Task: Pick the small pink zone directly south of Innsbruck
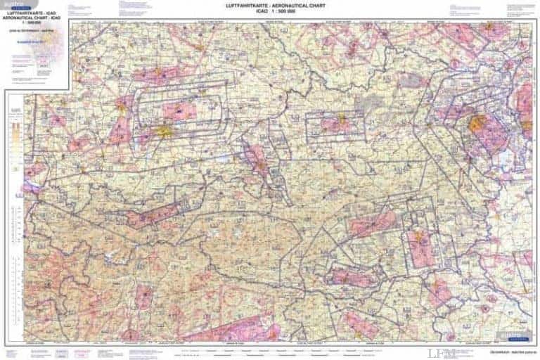coord(144,295)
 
